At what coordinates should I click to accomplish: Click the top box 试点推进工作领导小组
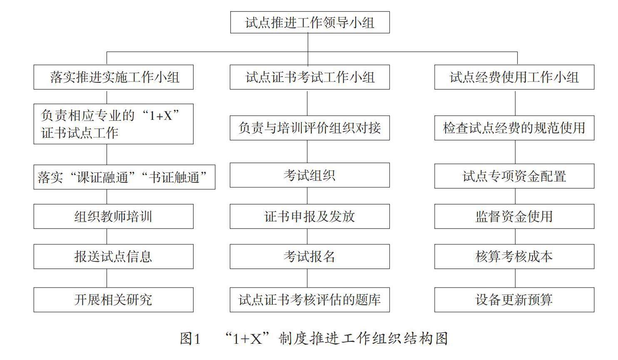(310, 22)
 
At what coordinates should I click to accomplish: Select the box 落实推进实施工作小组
(113, 77)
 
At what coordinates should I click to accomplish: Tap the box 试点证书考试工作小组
(310, 77)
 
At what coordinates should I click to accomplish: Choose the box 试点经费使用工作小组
(514, 77)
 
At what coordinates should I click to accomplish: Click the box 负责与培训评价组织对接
(310, 128)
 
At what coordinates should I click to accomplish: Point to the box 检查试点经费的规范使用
(514, 128)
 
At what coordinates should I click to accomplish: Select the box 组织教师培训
(113, 216)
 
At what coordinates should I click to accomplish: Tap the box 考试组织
(310, 175)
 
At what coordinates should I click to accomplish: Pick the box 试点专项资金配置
(514, 176)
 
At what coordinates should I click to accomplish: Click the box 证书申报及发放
(310, 216)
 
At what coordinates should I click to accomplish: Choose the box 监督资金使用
(514, 216)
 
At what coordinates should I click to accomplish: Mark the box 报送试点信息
(113, 256)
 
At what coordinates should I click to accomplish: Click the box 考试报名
(310, 256)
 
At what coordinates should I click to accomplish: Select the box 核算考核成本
(514, 256)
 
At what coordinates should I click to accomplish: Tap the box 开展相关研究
(113, 300)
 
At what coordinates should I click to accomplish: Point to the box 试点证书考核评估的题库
(310, 300)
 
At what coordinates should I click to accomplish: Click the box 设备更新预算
(514, 300)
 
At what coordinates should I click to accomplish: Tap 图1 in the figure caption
(190, 338)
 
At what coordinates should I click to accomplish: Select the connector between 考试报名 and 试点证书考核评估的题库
(308, 278)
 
